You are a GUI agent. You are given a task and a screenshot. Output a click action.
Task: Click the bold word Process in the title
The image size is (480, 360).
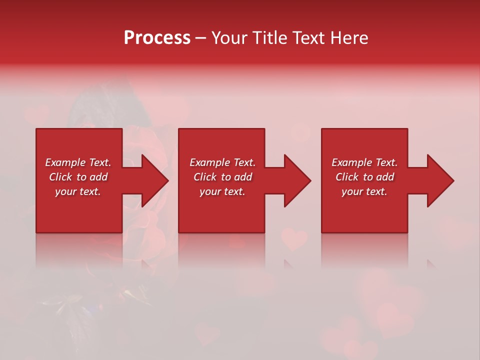[157, 38]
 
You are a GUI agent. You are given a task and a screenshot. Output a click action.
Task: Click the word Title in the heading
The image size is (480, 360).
[269, 38]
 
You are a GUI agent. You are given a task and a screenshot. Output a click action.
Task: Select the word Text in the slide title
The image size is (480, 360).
[310, 38]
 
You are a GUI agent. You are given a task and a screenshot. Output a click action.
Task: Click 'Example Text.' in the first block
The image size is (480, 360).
[78, 162]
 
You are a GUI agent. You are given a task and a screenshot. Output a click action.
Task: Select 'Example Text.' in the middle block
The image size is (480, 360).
[222, 162]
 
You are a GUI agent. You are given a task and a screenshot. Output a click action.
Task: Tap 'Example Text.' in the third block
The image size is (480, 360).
[364, 162]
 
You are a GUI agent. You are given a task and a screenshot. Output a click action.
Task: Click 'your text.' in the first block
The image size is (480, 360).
[78, 191]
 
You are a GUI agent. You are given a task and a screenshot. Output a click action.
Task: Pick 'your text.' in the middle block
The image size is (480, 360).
[222, 191]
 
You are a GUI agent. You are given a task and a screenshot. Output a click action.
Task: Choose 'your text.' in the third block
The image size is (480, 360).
[364, 191]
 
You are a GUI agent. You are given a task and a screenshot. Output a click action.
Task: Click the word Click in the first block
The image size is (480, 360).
[61, 177]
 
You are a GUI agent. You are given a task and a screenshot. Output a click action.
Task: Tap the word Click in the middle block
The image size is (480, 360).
[205, 177]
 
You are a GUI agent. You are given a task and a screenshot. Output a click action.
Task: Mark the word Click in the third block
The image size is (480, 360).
[347, 177]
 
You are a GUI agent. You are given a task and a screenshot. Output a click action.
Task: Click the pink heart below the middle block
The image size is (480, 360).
[294, 239]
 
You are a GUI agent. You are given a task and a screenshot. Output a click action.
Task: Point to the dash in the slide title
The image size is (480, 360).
[201, 38]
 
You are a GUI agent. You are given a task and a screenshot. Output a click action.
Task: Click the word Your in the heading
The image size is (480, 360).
[229, 38]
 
